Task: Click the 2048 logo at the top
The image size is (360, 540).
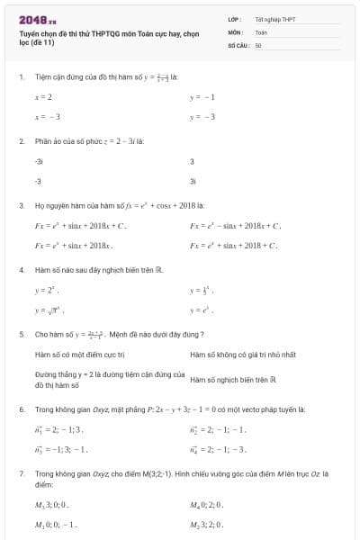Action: (x=37, y=19)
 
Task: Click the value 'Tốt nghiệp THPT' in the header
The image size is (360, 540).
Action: (x=274, y=19)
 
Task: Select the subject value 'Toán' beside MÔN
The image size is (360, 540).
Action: (x=261, y=31)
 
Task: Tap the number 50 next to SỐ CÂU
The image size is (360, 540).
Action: (x=258, y=43)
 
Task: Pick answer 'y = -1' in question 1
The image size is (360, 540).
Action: (x=202, y=96)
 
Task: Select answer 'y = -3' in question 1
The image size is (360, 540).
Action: (x=202, y=117)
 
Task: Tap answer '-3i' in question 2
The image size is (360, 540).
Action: (x=39, y=162)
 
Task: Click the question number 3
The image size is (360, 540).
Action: (x=21, y=206)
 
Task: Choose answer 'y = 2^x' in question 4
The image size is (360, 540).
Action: (x=45, y=291)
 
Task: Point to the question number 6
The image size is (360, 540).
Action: (x=21, y=409)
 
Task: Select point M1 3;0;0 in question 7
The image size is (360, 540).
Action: (x=51, y=505)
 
